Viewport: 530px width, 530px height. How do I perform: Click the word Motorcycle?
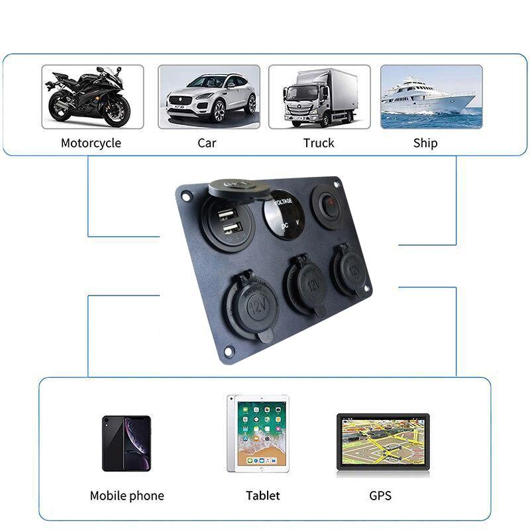coord(91,143)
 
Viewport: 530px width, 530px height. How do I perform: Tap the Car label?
coord(207,143)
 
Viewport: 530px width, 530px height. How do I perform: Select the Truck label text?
coord(319,143)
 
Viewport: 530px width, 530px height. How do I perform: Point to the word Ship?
coord(425,143)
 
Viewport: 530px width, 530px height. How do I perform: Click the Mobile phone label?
coord(127,496)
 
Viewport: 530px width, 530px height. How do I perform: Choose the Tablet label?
coord(263,496)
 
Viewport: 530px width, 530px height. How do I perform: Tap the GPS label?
coord(380,496)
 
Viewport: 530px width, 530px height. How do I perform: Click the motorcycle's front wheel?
coord(115,112)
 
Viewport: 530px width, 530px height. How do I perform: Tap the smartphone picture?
coord(127,443)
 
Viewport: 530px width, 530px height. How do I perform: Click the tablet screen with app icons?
coord(258,433)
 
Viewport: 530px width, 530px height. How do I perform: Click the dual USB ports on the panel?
coord(228,221)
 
